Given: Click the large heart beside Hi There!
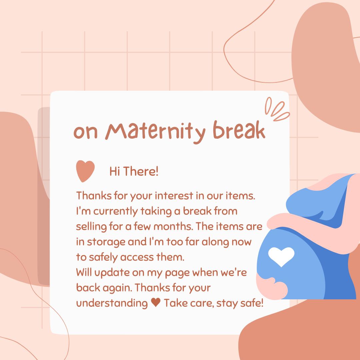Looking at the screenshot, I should [x=85, y=171].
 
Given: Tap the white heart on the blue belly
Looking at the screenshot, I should [x=281, y=256].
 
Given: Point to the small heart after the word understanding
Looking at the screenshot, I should [x=155, y=303].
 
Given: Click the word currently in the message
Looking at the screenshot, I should [x=110, y=211].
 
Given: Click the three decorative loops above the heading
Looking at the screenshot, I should [x=276, y=109].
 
